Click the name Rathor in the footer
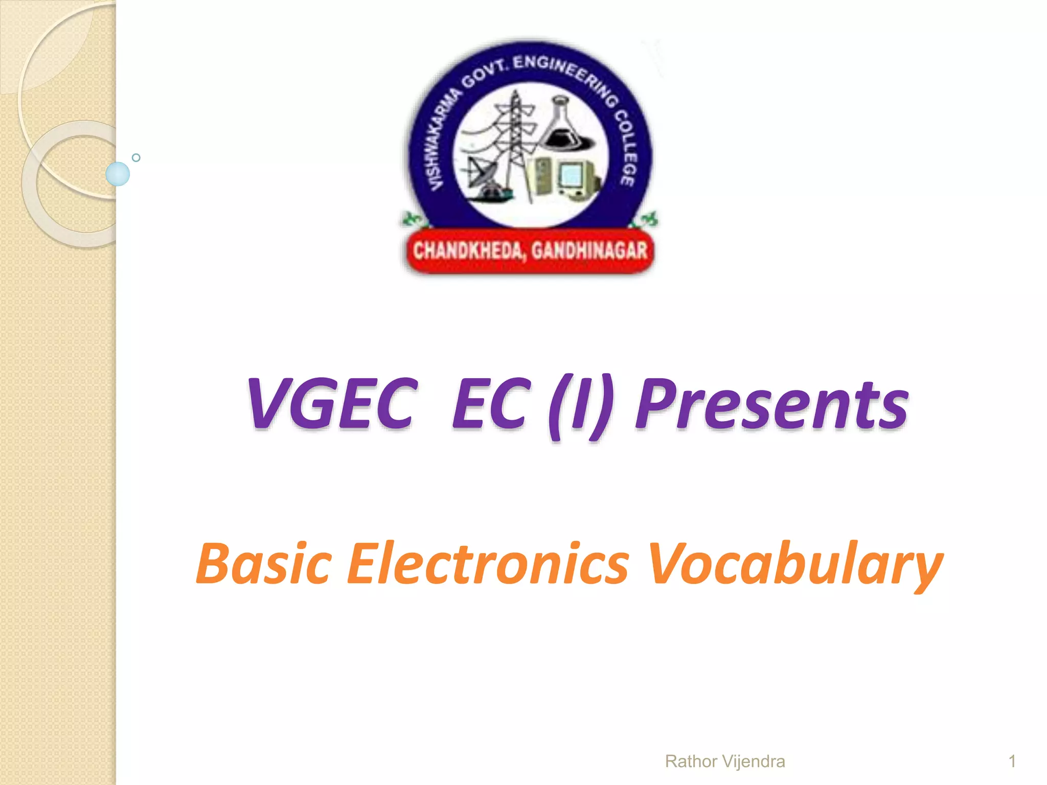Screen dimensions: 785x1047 (x=691, y=761)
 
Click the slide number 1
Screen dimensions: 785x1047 (x=1012, y=761)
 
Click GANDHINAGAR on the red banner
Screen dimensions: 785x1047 (x=589, y=251)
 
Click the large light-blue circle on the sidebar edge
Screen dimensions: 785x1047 (x=118, y=174)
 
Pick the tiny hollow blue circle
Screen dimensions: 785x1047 (x=136, y=157)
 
